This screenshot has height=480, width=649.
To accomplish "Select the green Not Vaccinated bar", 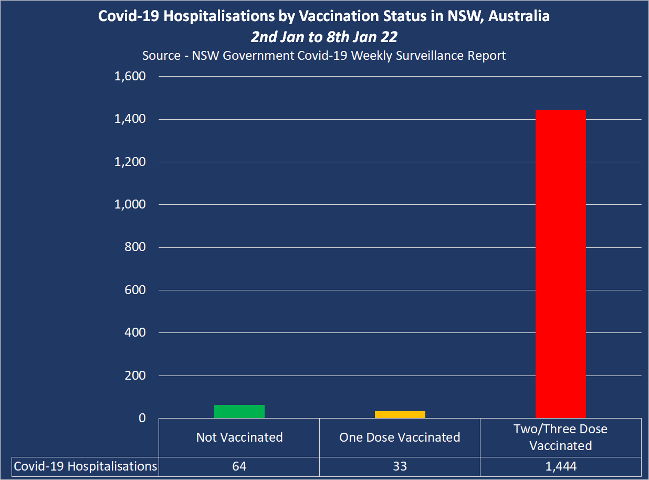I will [239, 411].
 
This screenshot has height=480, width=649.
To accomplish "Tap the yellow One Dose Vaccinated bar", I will [400, 414].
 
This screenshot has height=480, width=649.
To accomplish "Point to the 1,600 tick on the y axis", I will [130, 77].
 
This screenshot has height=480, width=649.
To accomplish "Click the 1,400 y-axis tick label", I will [130, 119].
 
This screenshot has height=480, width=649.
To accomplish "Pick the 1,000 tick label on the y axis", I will [130, 204].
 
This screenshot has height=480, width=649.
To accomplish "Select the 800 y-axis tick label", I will [134, 247].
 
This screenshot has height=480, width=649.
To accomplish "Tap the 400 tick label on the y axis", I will [134, 332].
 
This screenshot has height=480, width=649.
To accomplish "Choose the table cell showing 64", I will [239, 466].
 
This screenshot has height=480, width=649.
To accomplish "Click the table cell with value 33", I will [400, 466].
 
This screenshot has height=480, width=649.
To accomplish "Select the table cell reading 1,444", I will [560, 466].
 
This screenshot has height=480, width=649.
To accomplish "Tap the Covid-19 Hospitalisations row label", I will [86, 466].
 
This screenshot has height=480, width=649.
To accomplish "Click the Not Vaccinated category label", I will [239, 437].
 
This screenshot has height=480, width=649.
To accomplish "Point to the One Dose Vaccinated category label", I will [400, 437].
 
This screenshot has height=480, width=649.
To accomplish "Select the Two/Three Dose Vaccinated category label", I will [560, 437].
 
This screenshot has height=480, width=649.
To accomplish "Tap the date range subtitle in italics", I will [323, 37].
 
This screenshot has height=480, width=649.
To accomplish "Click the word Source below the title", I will [161, 55].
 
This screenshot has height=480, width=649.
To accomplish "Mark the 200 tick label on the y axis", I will [134, 375].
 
